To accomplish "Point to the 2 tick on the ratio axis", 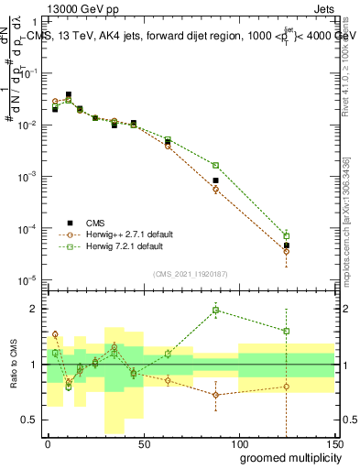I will click(x=37, y=309).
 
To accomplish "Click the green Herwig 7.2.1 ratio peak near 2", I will click(x=215, y=310).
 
